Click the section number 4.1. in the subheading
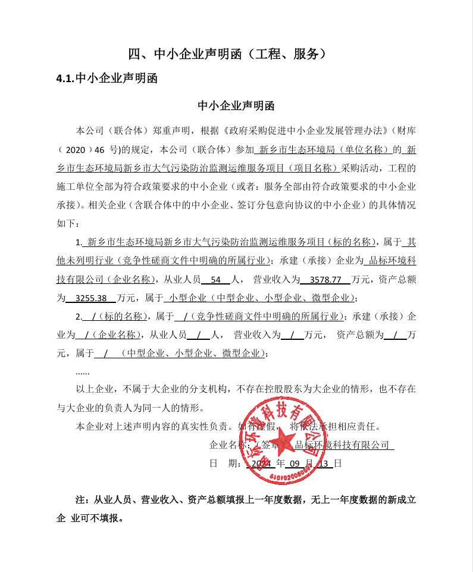(65, 78)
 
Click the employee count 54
(215, 279)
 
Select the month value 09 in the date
(295, 463)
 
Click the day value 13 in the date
(325, 463)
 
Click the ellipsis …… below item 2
(83, 372)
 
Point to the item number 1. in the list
(79, 242)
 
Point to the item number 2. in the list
(79, 316)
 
